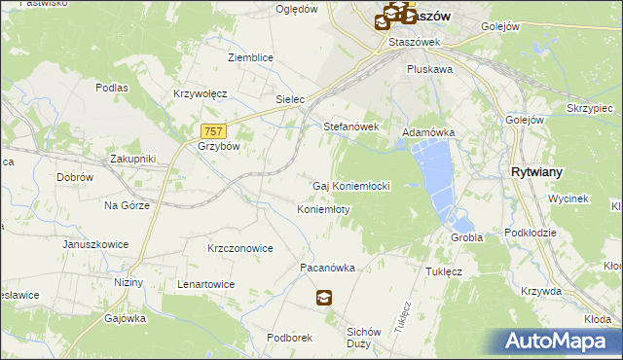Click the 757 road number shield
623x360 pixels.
(215, 130)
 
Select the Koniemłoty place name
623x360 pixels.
(323, 209)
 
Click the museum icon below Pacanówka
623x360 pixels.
(323, 299)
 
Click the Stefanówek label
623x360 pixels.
(350, 126)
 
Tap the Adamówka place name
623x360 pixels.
(428, 131)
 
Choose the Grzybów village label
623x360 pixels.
(219, 146)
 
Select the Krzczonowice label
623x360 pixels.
(239, 248)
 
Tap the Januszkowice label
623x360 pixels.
(94, 244)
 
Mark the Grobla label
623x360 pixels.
(467, 237)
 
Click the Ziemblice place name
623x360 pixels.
(250, 57)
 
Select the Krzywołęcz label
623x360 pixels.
(200, 93)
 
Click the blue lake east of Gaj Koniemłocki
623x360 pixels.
(435, 175)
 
